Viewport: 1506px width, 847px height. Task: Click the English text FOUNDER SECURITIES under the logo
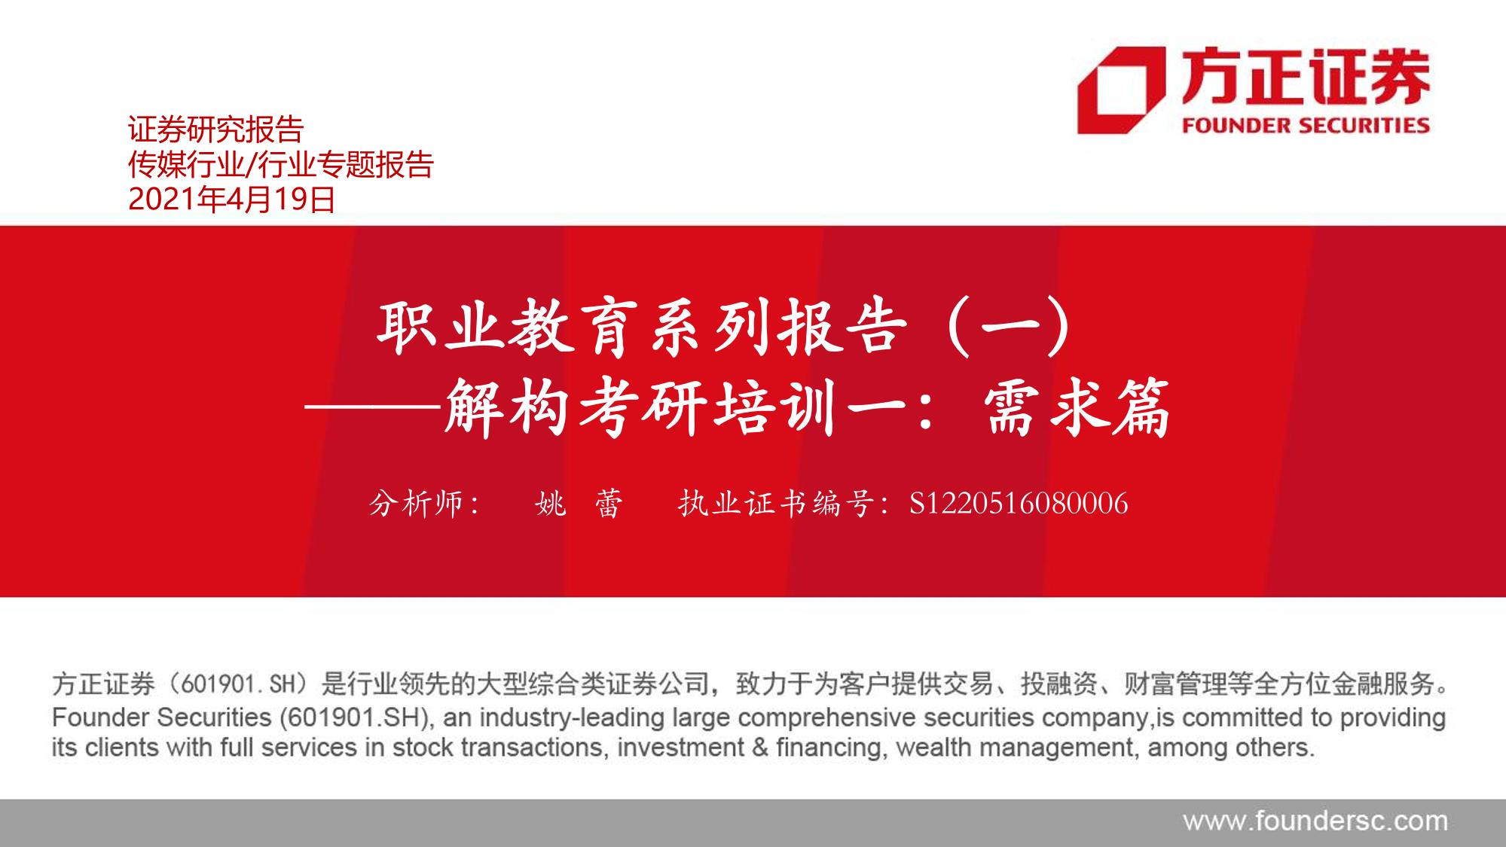tap(1306, 125)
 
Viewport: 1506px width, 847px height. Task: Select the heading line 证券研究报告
tap(215, 129)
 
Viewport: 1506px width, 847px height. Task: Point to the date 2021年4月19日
tap(232, 200)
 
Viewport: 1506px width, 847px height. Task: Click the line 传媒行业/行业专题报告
tap(281, 165)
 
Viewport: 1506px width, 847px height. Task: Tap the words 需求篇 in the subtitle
tap(1077, 408)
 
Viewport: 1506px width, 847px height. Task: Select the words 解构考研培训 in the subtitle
tap(640, 408)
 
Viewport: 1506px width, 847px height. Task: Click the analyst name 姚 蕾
tap(579, 504)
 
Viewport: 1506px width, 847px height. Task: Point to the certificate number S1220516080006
tap(1019, 504)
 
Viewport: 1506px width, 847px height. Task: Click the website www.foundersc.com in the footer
tap(1315, 821)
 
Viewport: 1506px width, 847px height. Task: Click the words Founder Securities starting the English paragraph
tap(161, 718)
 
